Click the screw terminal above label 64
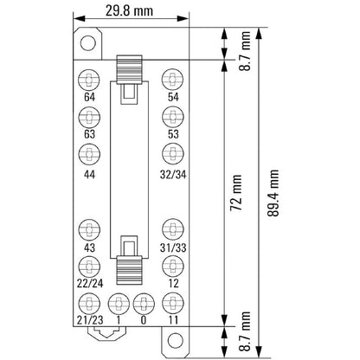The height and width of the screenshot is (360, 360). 89,79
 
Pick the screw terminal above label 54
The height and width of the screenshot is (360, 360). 172,79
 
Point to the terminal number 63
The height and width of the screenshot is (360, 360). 89,134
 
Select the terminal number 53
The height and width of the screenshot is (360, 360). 173,134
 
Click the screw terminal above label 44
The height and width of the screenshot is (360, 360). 89,154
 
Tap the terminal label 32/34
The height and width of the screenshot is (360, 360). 173,173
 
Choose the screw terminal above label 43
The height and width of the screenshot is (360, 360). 89,230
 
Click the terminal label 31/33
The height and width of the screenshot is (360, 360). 173,249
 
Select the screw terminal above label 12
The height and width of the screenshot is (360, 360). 172,267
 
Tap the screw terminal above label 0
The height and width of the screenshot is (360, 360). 145,304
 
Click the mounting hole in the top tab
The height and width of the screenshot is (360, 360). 87,42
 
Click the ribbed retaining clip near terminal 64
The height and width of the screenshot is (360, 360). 131,67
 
